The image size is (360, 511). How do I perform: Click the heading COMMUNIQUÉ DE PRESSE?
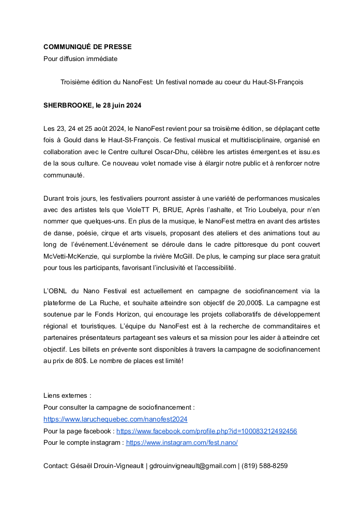[87, 47]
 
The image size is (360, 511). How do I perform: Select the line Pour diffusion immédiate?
[80, 58]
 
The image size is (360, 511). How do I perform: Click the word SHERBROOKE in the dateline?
[67, 105]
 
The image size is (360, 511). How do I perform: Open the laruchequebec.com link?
[115, 419]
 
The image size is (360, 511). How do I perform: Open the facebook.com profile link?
[206, 431]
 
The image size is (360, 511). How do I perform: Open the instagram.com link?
[182, 442]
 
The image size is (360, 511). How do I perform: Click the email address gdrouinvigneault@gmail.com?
[192, 465]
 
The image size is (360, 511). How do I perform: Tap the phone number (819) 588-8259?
[264, 465]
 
